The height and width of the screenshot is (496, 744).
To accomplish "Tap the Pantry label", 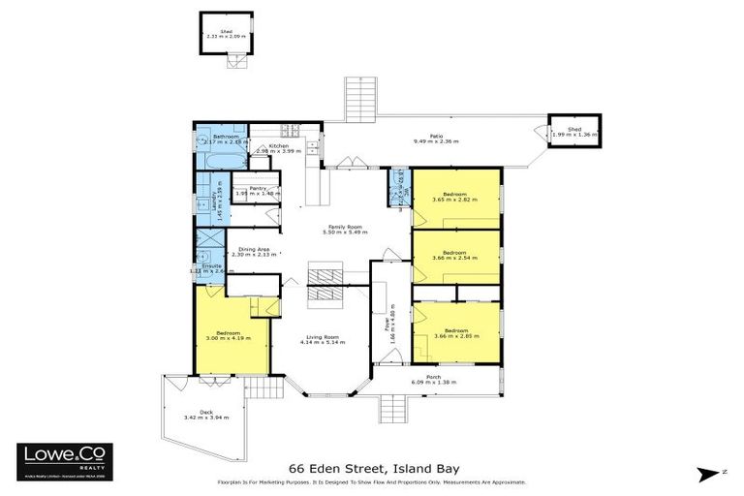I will (258, 190).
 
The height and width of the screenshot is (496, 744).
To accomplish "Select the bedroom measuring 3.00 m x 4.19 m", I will (230, 335).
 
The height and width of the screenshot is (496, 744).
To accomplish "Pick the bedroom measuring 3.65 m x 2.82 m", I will (455, 197).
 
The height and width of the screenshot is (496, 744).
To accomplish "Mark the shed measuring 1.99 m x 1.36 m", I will (573, 132).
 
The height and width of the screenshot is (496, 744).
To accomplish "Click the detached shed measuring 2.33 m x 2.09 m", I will (225, 34).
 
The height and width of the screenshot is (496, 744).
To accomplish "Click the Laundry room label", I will (215, 200).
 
